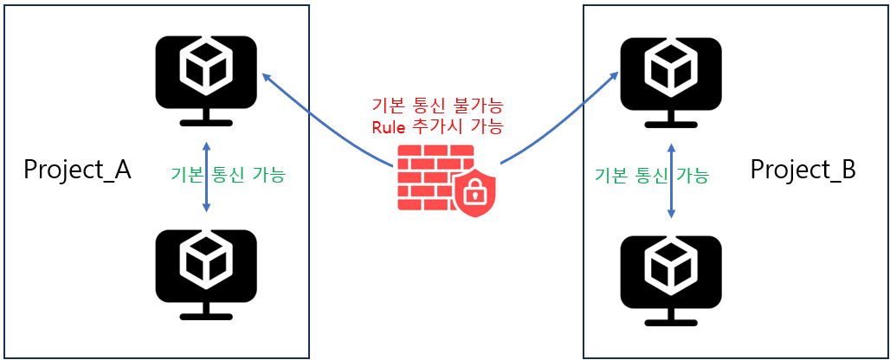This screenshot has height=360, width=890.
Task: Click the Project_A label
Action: [x=77, y=170]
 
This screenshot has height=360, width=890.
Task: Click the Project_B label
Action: [x=803, y=170]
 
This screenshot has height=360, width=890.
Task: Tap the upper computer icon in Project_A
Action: [x=206, y=80]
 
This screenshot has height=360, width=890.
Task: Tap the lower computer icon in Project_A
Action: [x=206, y=274]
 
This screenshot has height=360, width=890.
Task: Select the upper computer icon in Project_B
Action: [x=671, y=82]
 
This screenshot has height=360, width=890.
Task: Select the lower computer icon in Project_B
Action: [x=671, y=280]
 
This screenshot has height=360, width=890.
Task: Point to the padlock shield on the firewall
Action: [x=475, y=192]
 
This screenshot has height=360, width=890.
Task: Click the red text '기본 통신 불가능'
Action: [x=437, y=106]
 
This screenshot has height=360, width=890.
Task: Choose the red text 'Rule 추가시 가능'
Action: [x=437, y=126]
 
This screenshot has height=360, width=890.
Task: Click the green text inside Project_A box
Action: [x=229, y=175]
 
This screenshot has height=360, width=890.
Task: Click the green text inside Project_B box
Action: [x=651, y=176]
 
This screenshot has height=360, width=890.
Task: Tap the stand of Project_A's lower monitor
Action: [x=206, y=311]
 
